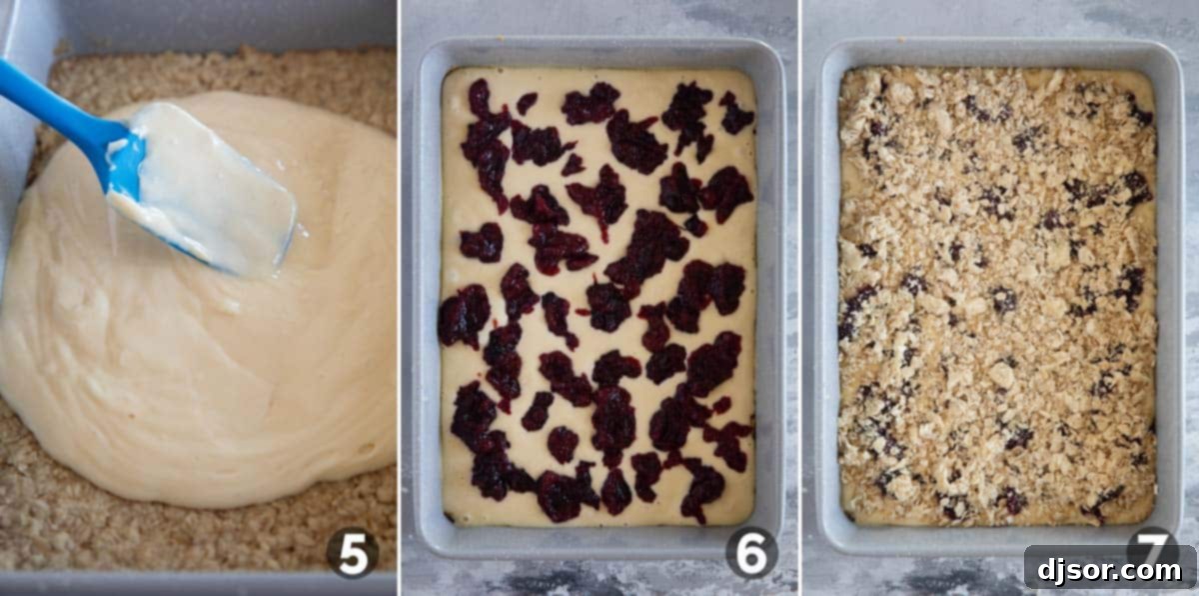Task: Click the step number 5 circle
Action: tap(352, 553)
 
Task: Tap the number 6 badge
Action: tap(751, 552)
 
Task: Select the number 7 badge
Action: tap(1152, 548)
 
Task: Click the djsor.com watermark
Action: tap(1109, 569)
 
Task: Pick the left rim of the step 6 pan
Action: tap(428, 300)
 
